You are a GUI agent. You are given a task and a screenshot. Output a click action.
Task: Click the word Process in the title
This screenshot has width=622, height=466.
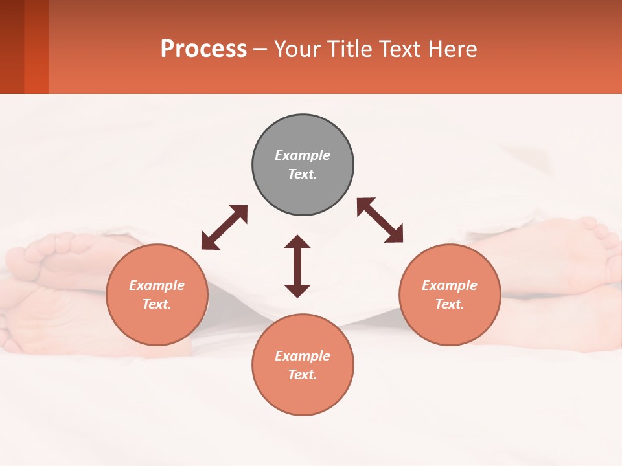tap(203, 49)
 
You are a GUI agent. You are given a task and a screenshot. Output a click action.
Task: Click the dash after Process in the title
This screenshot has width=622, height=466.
tap(260, 50)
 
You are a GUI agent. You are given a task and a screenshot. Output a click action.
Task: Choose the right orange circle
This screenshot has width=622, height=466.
tap(450, 320)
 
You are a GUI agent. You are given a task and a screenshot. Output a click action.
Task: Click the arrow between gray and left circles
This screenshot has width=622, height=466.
tap(224, 227)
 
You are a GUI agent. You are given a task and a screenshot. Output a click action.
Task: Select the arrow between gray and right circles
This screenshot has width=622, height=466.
tap(380, 220)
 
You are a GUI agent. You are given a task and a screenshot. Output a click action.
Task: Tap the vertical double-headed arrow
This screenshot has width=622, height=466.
tap(297, 266)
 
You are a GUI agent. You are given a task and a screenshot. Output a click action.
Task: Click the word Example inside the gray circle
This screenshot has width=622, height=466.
tap(303, 155)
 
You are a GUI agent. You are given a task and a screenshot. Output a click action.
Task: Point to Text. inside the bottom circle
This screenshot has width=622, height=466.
tap(303, 375)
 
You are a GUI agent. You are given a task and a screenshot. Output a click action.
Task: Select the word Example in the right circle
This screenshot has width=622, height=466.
tap(450, 285)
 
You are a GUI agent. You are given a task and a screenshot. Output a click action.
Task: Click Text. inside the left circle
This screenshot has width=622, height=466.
tap(157, 304)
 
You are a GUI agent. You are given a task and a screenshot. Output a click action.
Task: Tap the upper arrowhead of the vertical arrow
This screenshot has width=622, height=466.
tap(297, 241)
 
